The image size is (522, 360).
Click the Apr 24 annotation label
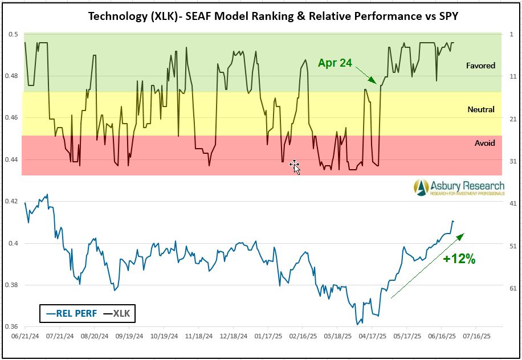coord(335,63)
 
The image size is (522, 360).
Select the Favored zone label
coord(480,66)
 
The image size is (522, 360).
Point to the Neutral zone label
coord(481,109)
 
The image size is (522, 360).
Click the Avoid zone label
coord(484,143)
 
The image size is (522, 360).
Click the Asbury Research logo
coord(459,187)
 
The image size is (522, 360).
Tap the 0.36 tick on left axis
coord(11,327)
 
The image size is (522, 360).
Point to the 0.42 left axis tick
coord(11,202)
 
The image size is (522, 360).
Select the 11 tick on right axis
coord(513,76)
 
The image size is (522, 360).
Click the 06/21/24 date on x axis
coord(24,336)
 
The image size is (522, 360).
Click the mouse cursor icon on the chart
coord(295,166)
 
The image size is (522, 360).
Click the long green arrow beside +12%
coord(427,265)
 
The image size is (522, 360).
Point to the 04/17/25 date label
coord(372,336)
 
